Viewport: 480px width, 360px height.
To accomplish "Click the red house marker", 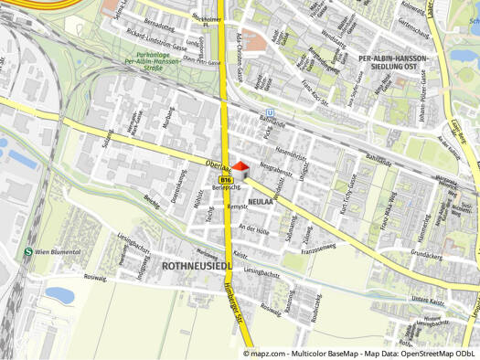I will tap(240, 169).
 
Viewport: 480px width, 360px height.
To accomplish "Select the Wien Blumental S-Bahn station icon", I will tap(28, 251).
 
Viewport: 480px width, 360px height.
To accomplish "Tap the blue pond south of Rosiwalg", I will tap(59, 295).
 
